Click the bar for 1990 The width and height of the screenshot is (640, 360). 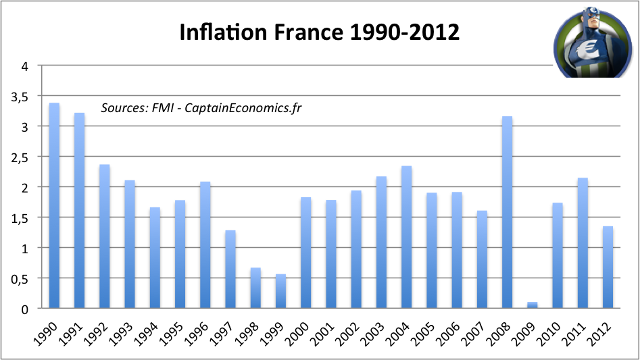[x=54, y=206]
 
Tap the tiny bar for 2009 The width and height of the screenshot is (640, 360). [x=533, y=305]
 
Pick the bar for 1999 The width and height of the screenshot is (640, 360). [x=280, y=291]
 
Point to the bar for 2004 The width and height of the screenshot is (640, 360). [x=407, y=237]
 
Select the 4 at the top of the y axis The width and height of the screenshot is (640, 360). [x=25, y=66]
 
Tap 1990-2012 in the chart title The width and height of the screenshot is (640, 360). [x=408, y=32]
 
